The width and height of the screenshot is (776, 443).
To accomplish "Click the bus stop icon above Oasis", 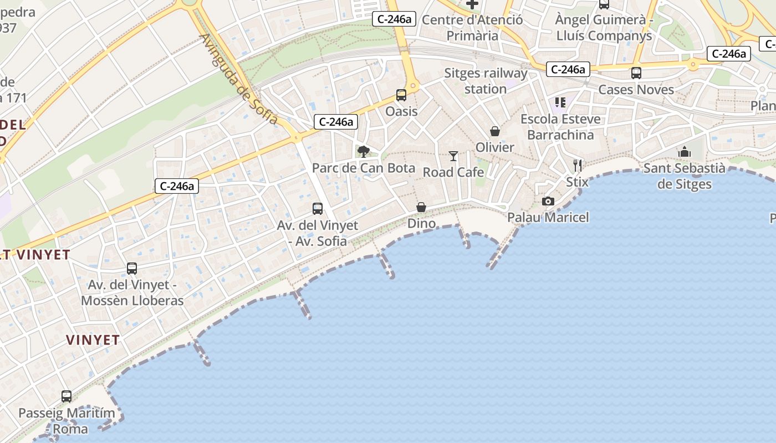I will [x=401, y=95].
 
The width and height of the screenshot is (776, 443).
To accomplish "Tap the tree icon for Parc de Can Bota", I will [x=363, y=151].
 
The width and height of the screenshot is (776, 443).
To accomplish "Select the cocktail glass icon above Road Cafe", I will [x=453, y=156].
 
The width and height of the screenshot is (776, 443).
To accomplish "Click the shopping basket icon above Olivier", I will [x=495, y=131].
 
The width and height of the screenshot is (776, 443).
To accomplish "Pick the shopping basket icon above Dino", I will [x=421, y=207].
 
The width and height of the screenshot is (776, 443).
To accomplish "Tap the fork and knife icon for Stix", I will [x=578, y=165].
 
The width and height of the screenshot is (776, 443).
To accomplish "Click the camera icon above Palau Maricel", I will [x=548, y=201].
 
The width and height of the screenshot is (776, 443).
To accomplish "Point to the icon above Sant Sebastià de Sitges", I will [x=685, y=152].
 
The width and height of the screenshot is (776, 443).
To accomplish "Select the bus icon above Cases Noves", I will [x=636, y=73].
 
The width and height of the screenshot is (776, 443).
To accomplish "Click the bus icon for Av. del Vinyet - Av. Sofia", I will [x=318, y=208].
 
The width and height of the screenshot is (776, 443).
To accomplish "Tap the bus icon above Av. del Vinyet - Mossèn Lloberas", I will [x=132, y=268].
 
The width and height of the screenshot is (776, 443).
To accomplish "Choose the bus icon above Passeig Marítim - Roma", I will [x=67, y=396].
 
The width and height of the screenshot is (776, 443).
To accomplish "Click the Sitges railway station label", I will [x=486, y=81].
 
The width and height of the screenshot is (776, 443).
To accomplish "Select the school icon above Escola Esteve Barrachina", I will [x=560, y=102].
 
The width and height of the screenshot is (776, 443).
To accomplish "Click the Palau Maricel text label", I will [x=548, y=217].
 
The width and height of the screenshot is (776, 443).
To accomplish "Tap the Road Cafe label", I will [x=453, y=172].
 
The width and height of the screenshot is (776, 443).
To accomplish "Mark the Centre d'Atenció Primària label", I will [x=472, y=28].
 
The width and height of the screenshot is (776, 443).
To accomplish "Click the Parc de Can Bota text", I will [x=364, y=168].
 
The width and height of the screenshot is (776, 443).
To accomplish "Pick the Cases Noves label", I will [x=636, y=89].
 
